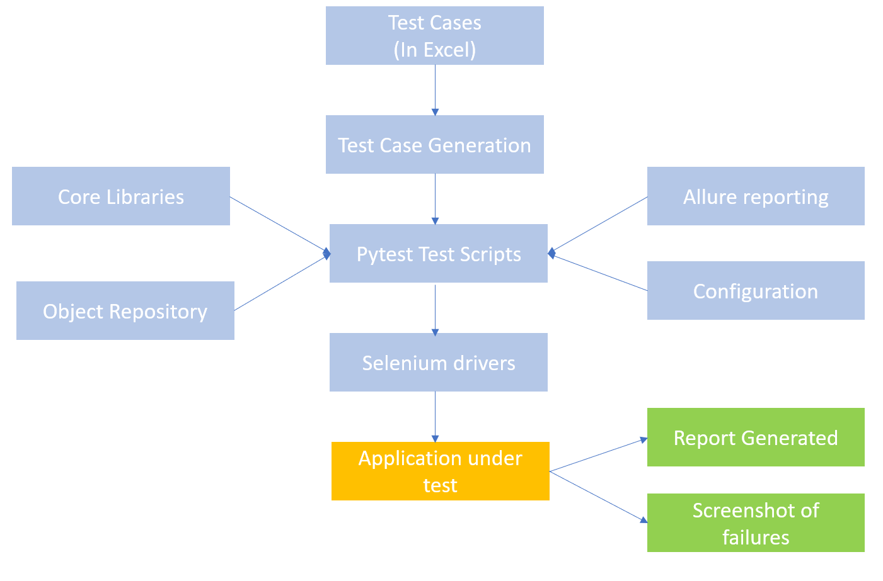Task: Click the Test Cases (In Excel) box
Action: point(434,36)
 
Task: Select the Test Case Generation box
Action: point(434,145)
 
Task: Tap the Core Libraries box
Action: point(120,196)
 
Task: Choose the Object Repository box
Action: point(125,311)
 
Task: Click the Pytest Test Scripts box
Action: point(438,254)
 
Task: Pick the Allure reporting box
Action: point(755,196)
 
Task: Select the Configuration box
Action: point(755,291)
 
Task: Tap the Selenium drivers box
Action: point(438,363)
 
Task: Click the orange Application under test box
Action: point(440,471)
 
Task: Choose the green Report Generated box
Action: point(755,437)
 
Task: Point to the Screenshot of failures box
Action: point(755,523)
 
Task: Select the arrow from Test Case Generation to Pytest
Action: point(435,198)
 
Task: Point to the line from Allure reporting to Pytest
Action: point(599,225)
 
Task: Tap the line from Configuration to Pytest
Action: point(599,272)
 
